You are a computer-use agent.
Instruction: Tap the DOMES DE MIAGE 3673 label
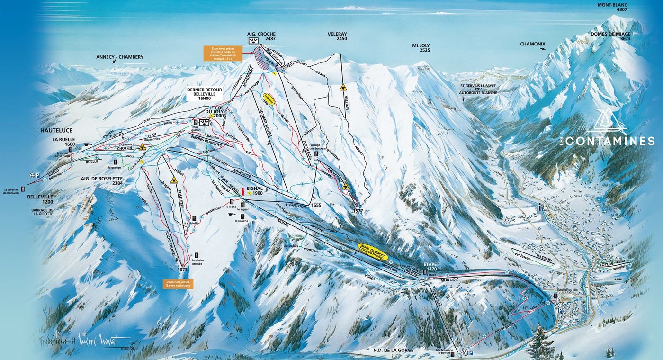[611, 36]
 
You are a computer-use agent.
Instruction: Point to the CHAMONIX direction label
[533, 44]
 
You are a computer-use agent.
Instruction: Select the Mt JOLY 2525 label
[421, 47]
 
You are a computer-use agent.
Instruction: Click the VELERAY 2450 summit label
[337, 36]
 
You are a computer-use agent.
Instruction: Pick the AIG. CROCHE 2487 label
[261, 37]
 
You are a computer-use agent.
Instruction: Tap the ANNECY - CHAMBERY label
[120, 57]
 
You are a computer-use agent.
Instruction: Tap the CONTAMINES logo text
[610, 141]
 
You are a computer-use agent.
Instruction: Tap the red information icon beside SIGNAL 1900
[242, 191]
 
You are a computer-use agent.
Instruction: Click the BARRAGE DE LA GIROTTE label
[40, 211]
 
